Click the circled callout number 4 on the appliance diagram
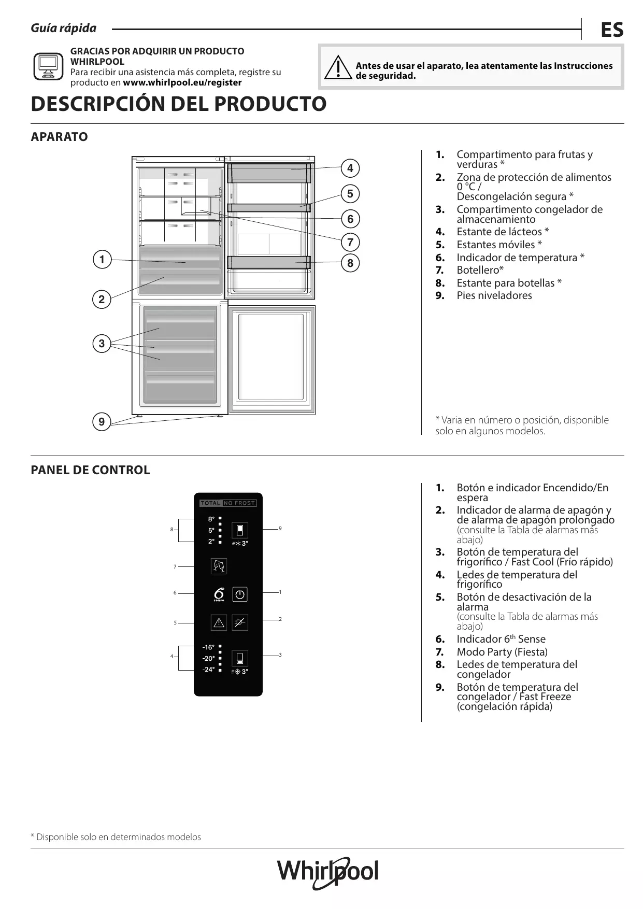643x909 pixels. pos(350,168)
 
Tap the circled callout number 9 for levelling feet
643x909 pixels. pos(102,422)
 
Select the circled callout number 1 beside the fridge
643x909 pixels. pos(102,260)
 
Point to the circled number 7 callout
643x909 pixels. pos(350,242)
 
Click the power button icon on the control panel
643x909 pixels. pos(240,594)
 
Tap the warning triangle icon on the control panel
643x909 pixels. pos(219,622)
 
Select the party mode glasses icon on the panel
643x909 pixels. pos(219,566)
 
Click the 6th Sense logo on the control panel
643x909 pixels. pos(219,594)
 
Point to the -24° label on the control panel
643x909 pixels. pos(208,670)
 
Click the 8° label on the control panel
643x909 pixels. pos(211,519)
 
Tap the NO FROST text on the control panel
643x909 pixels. pos(239,503)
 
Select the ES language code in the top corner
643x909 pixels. pos(612,30)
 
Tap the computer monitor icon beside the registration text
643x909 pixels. pos(48,66)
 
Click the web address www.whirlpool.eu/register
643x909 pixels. pos(182,82)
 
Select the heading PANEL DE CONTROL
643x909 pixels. pos(90,470)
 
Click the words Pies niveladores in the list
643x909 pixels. pos(494,295)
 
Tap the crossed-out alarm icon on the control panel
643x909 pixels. pos(240,622)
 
